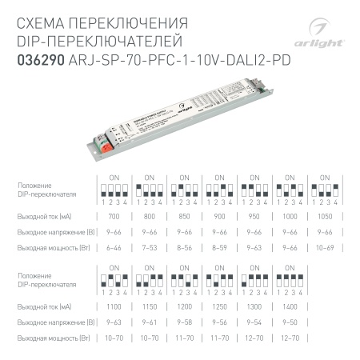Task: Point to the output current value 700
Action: (114, 217)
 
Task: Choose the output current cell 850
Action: (185, 217)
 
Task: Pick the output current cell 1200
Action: (185, 306)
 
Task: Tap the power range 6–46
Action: (114, 248)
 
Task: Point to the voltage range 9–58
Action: (185, 321)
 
